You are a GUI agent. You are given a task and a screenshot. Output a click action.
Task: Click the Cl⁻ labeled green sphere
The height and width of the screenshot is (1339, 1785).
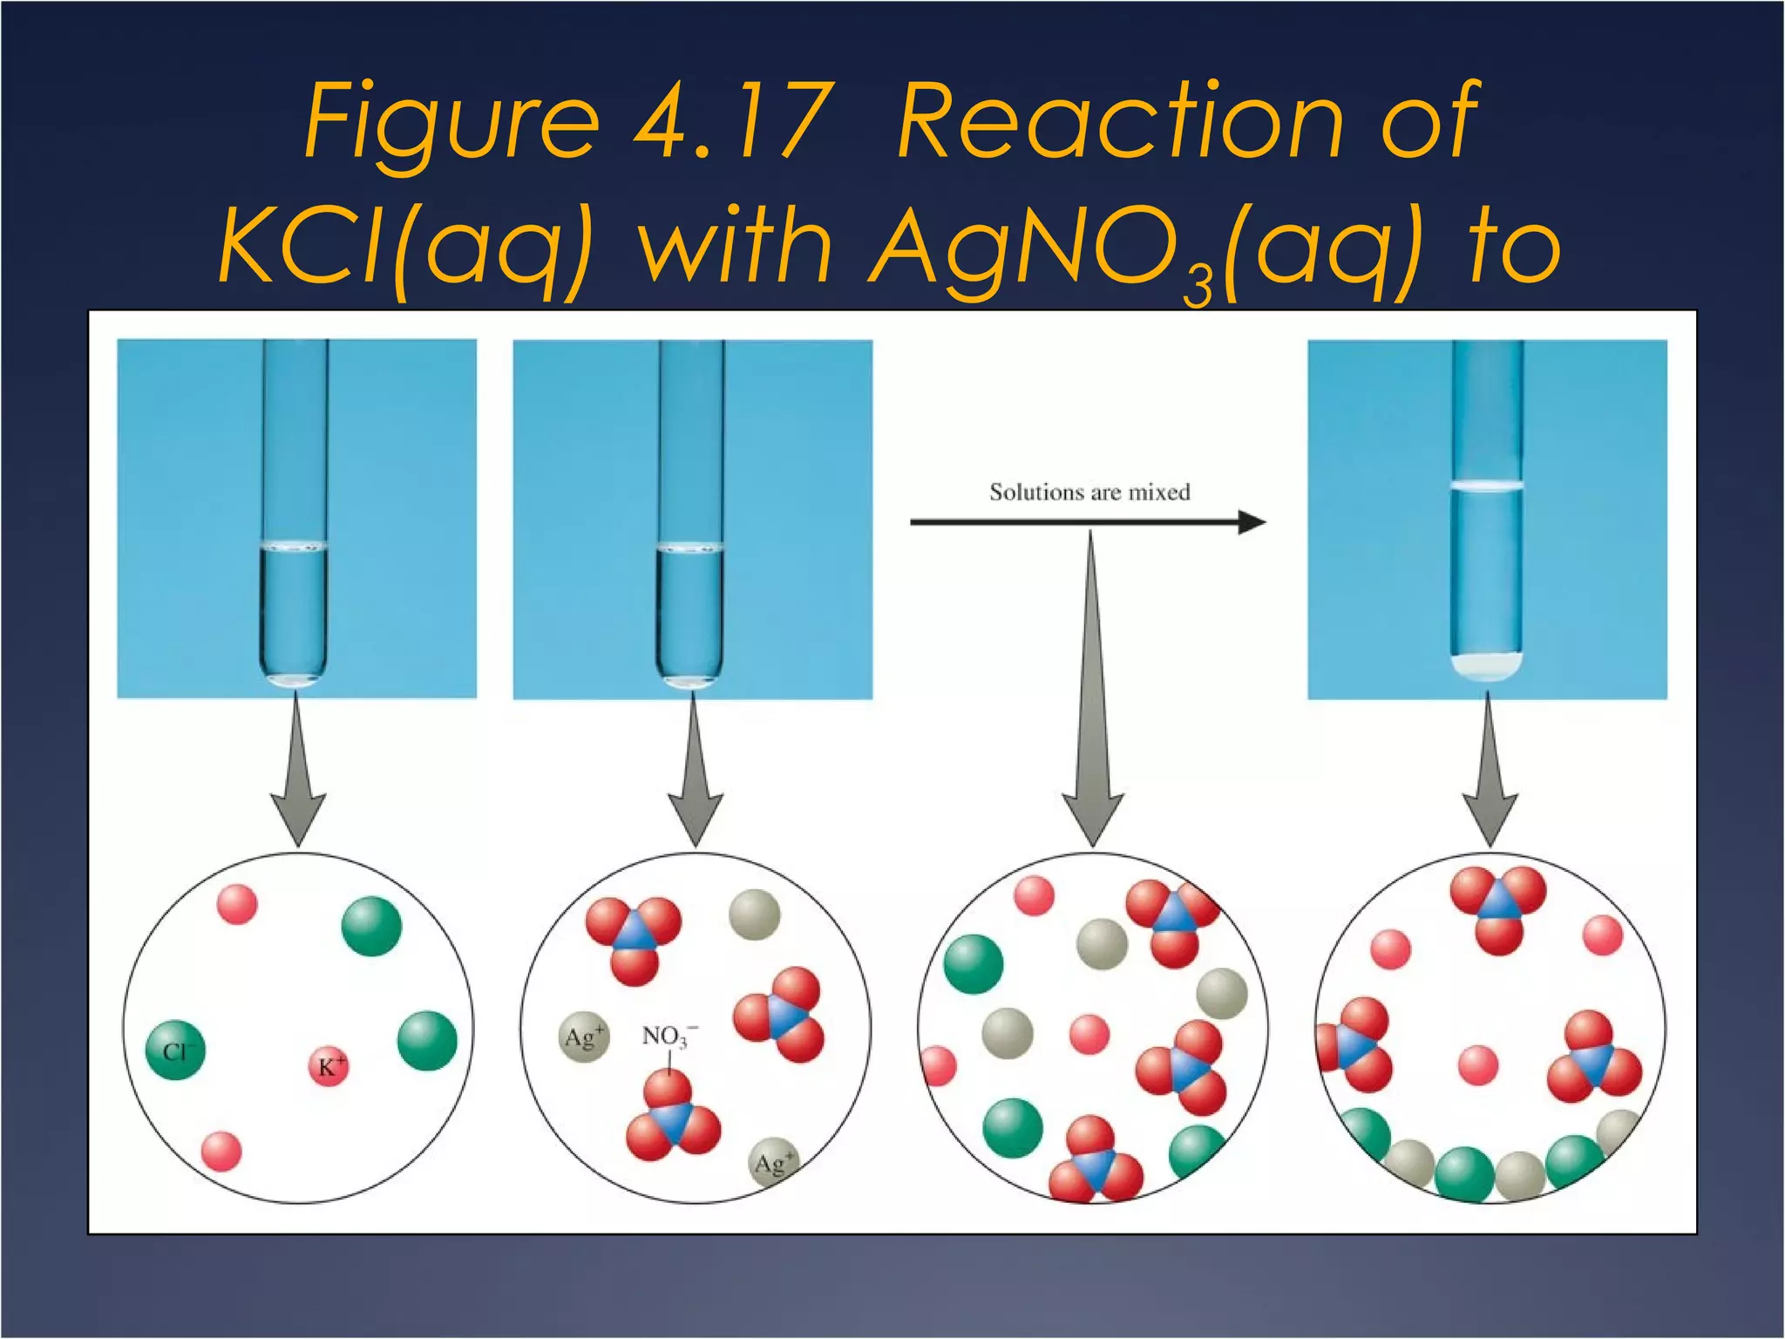(175, 1050)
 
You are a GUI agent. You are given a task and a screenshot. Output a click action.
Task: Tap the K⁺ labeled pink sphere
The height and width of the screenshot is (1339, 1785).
(329, 1066)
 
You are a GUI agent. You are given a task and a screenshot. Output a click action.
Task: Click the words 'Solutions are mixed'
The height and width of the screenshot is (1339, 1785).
(1089, 493)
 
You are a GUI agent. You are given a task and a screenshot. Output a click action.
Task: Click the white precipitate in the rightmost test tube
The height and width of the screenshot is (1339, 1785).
(1487, 667)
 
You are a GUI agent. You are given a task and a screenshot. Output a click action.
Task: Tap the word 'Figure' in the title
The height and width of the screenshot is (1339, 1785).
(451, 122)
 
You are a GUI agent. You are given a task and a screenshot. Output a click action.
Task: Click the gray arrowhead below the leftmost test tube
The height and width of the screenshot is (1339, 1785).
(298, 815)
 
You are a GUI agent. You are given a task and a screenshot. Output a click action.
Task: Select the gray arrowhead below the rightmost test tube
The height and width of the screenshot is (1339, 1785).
(1490, 815)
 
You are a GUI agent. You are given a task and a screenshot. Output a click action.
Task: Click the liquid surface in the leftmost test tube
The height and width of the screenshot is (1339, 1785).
(295, 547)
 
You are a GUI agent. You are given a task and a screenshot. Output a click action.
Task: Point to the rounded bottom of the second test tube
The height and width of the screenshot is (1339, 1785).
(690, 676)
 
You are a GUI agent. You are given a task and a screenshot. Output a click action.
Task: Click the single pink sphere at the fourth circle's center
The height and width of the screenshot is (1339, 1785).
(1478, 1065)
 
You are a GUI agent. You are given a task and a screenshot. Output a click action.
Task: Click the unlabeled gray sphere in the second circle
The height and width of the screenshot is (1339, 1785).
(754, 914)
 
